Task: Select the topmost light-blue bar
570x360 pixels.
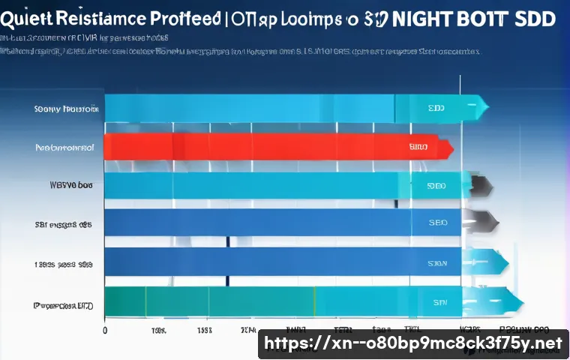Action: coord(247,108)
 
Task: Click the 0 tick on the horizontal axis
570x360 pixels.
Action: coord(105,330)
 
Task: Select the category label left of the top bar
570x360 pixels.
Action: coord(66,109)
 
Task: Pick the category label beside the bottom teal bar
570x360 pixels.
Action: coord(63,305)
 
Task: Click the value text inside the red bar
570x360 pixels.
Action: coord(418,148)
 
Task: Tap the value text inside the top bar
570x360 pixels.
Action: coord(436,108)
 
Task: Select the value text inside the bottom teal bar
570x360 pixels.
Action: coord(439,301)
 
